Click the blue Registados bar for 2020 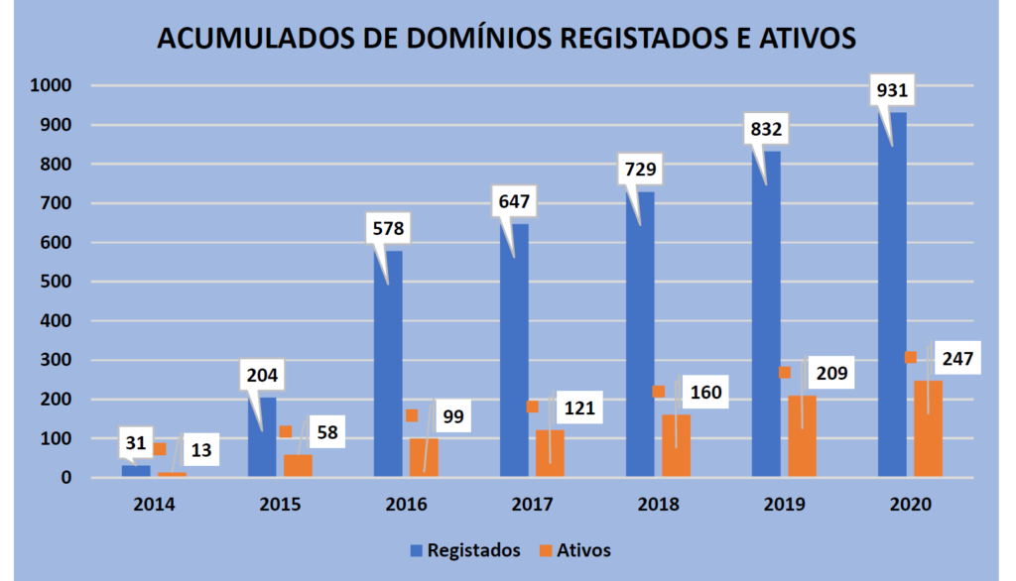point(892,297)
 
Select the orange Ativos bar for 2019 point(802,437)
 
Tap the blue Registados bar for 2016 point(388,367)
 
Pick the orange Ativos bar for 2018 point(676,446)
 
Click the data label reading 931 point(893,91)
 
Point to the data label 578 point(389,229)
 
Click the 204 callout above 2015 point(263,376)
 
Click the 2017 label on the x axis point(531,504)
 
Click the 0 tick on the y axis point(66,478)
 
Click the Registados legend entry point(463,550)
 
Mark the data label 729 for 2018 point(641,170)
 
